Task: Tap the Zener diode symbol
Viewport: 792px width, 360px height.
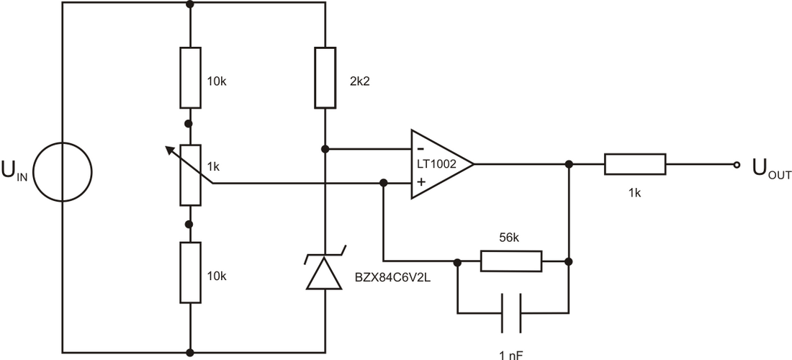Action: (325, 271)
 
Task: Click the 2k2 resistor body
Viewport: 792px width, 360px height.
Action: (325, 78)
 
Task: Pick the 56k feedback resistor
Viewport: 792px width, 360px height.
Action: (511, 261)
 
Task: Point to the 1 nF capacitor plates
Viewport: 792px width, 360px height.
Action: (511, 313)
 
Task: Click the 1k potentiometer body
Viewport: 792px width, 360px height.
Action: (190, 173)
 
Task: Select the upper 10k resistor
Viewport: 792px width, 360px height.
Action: (190, 78)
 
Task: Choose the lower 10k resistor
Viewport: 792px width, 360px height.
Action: (190, 272)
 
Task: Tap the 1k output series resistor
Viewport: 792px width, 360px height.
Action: (635, 164)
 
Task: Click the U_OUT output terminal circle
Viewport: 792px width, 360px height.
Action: (736, 164)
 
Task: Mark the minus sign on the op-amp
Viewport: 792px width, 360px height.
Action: (420, 150)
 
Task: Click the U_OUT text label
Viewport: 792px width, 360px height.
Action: (770, 169)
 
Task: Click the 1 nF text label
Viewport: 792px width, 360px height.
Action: (511, 354)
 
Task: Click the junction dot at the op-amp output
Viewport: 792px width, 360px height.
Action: (569, 164)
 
